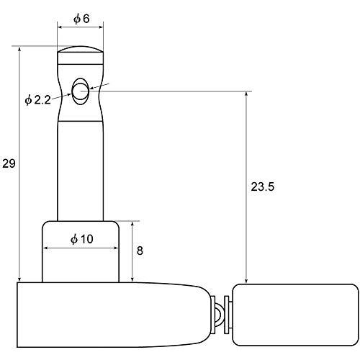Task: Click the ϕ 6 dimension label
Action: pos(81,19)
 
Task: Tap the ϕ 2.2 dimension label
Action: pos(37,100)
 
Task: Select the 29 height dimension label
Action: pos(9,163)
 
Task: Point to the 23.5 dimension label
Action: pos(262,186)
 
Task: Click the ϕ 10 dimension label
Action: pos(82,239)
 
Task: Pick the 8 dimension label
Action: pos(140,251)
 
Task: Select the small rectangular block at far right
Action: pos(296,315)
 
